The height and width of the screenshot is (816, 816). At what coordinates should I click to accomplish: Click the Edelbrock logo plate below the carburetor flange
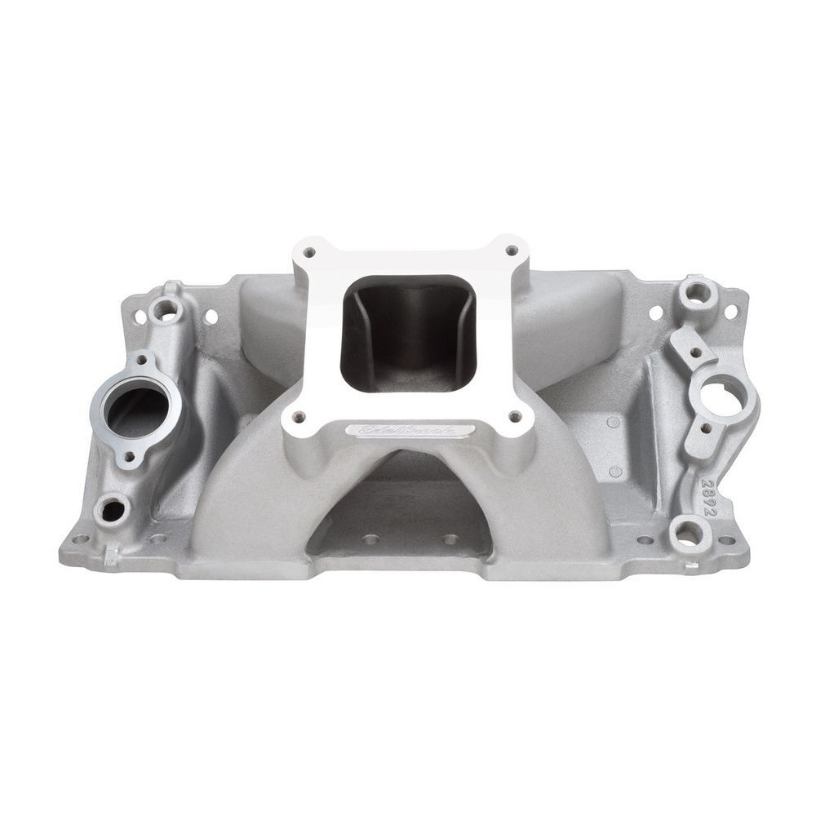tap(408, 430)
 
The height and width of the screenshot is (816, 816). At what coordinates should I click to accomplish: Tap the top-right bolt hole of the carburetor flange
tap(512, 251)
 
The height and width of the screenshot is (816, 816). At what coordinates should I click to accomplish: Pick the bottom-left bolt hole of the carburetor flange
tap(299, 417)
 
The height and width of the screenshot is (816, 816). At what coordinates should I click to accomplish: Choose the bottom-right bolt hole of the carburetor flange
tap(516, 417)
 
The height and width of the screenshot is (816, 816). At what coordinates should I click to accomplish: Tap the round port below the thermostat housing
tap(111, 511)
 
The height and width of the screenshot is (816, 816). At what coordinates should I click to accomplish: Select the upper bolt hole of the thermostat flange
tap(144, 360)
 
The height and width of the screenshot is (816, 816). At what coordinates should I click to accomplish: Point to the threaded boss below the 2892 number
tap(688, 534)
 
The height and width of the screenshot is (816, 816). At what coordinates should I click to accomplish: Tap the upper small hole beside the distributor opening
tap(694, 353)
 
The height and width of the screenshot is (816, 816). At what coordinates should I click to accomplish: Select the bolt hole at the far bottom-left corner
tap(80, 540)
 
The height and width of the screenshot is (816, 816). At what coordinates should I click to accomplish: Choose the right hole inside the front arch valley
tap(449, 539)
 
